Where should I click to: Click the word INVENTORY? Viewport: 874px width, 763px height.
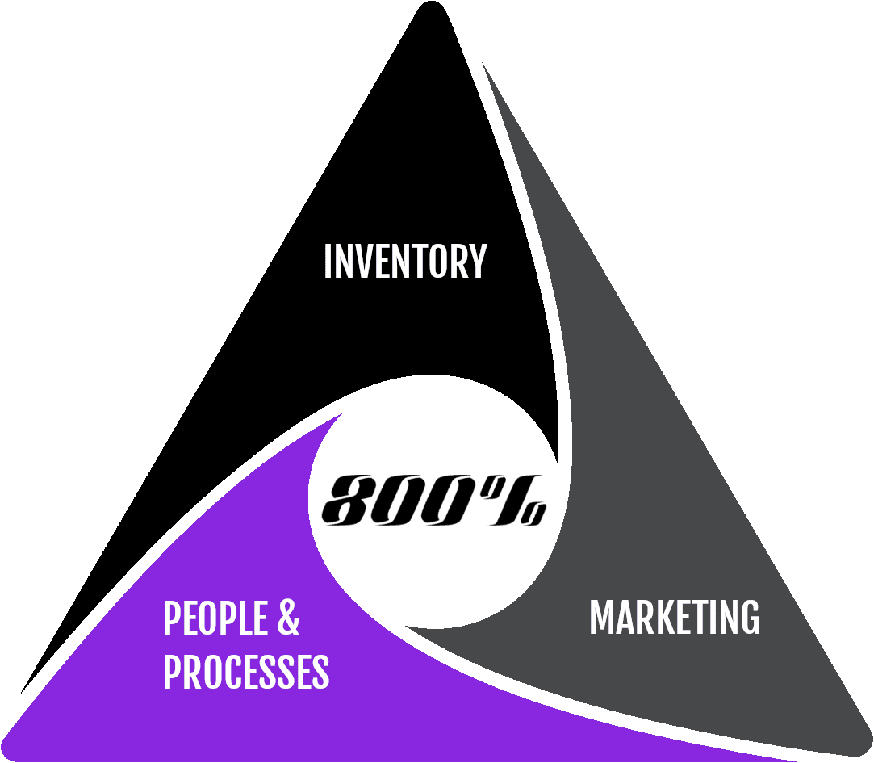[404, 262]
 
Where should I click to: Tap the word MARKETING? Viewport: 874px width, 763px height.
[674, 618]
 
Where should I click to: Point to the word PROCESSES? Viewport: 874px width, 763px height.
[246, 672]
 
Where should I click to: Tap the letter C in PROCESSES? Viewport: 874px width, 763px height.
[234, 672]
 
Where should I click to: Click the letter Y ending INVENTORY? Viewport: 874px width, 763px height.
[478, 262]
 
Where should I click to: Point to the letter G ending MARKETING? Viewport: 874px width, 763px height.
[749, 618]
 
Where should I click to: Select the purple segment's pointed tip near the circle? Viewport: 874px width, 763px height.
[339, 416]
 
